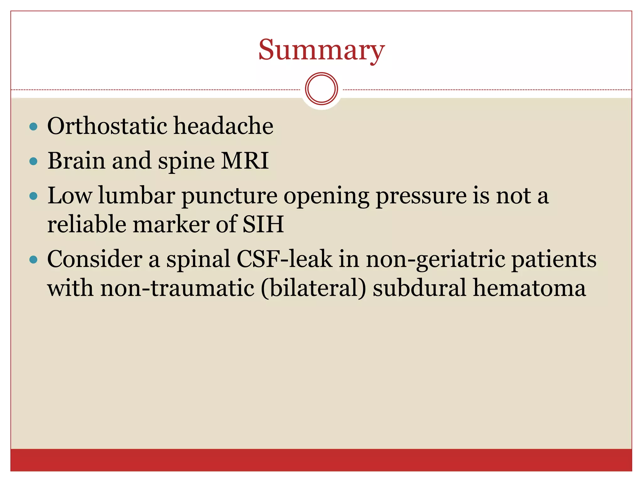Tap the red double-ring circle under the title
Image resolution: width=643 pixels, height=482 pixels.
[321, 88]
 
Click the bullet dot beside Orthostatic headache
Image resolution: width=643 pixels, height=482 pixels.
[33, 126]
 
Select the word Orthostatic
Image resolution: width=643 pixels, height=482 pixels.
[107, 126]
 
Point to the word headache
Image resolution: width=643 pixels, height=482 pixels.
[223, 126]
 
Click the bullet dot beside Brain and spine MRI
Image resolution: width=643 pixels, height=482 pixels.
[33, 161]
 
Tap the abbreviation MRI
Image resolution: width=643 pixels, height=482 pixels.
[245, 161]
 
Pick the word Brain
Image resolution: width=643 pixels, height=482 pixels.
[76, 161]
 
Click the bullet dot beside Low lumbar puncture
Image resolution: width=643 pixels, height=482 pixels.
[33, 196]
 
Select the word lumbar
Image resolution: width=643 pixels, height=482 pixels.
[137, 195]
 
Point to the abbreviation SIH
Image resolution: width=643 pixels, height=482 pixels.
[263, 224]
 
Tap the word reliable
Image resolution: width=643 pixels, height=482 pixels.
[87, 224]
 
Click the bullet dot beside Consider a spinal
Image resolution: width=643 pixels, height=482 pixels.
[33, 260]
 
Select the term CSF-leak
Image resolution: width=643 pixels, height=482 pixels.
[284, 259]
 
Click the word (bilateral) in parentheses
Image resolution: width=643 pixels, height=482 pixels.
[313, 288]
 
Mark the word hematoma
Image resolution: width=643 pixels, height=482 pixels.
[529, 288]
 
